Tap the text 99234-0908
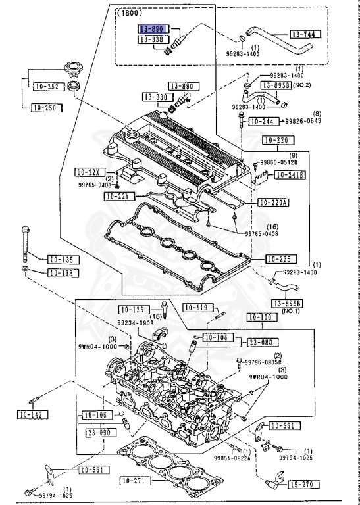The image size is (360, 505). pyautogui.click(x=136, y=322)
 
